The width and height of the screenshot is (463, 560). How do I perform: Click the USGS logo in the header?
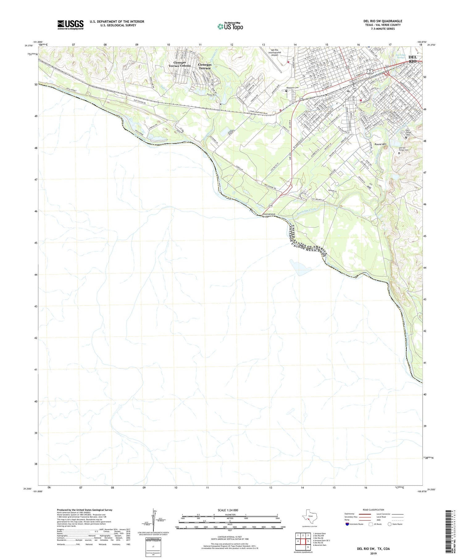point(70,25)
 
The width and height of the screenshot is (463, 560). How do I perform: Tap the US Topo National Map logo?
point(230,26)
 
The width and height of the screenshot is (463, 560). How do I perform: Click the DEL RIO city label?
point(412,59)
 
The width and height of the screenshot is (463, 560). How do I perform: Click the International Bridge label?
point(269,215)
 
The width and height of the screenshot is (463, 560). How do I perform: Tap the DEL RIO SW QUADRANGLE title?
point(382,21)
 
